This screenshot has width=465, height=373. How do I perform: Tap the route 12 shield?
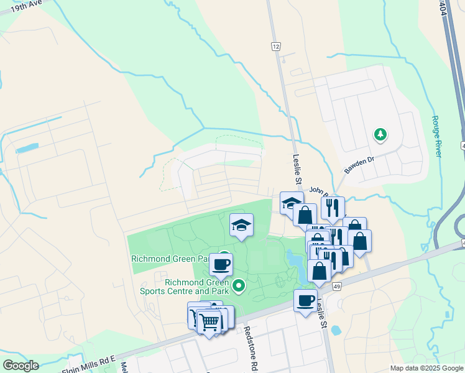coord(276,46)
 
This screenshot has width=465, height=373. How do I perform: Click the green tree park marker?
coord(380,134)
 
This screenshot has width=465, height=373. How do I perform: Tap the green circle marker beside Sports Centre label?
coord(238,287)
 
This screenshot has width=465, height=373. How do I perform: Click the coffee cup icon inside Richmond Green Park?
coord(221,265)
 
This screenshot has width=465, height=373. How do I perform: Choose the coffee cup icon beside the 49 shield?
coord(305,301)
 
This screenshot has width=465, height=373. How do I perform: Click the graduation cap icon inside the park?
coord(241,225)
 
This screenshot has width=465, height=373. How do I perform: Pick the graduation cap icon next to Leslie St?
coord(291,203)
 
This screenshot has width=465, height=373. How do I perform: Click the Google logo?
coord(21,366)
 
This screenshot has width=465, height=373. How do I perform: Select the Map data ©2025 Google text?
coord(426,368)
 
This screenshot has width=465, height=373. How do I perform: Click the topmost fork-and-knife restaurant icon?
coord(333,207)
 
